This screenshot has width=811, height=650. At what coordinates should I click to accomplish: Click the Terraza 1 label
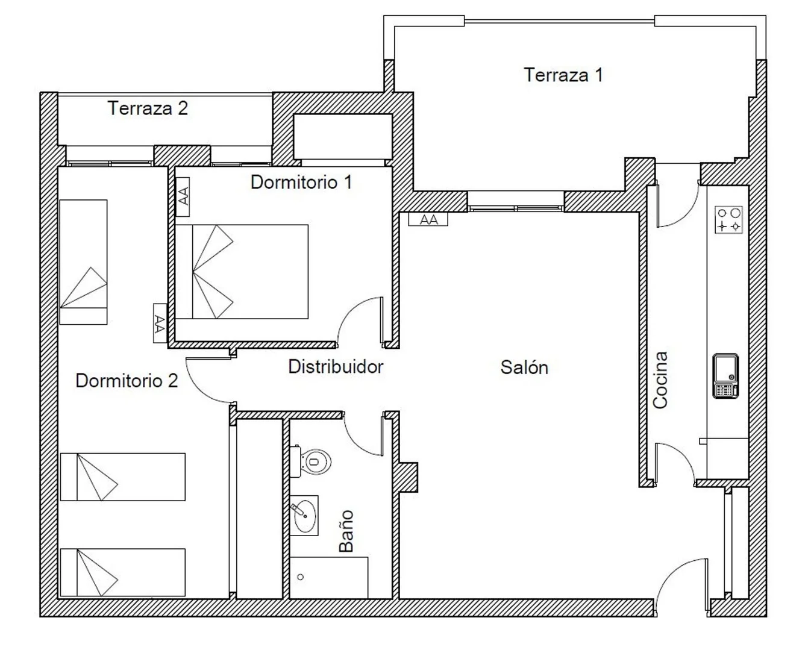[563, 75]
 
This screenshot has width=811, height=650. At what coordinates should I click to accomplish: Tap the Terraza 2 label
[148, 108]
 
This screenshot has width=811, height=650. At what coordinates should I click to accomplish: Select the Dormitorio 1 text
[301, 183]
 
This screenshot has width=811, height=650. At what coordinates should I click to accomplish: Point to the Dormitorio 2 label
[127, 381]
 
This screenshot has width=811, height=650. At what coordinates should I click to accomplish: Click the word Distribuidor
[336, 367]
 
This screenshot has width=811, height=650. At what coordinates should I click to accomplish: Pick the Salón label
[524, 367]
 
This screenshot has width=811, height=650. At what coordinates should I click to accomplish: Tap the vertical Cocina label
[660, 380]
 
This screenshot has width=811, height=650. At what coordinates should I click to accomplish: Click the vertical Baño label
[346, 531]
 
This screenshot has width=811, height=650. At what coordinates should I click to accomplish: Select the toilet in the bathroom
[310, 461]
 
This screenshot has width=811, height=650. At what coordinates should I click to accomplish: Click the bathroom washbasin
[304, 516]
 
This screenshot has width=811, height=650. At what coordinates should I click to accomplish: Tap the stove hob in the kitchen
[729, 220]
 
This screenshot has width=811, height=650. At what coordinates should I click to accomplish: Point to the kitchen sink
[725, 376]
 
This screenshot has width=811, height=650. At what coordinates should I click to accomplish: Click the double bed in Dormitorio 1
[242, 272]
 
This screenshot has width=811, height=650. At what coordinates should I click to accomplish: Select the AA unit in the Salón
[428, 219]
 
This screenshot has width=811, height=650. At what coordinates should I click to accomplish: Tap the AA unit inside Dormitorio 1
[183, 196]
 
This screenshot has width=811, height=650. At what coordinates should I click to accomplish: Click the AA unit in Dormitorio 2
[160, 323]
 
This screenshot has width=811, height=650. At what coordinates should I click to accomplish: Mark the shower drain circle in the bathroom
[300, 577]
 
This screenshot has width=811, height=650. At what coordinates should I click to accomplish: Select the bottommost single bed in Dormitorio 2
[123, 572]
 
